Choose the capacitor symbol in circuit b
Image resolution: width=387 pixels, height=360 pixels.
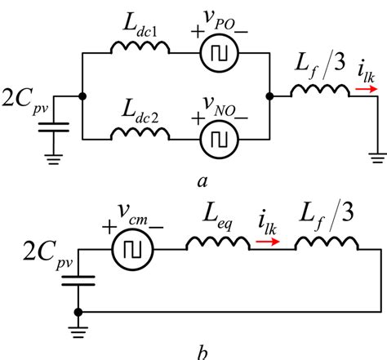click(x=78, y=278)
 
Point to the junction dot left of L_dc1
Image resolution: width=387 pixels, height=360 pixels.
click(x=82, y=95)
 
